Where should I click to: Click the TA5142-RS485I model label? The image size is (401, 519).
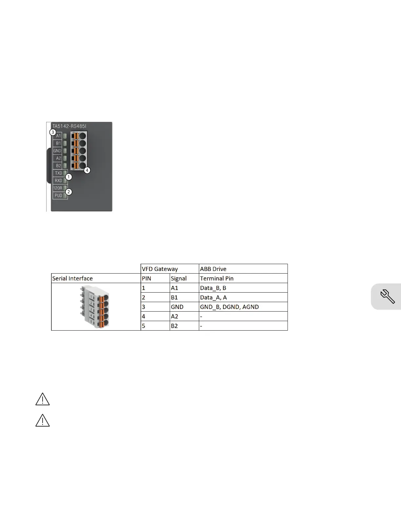click(x=69, y=126)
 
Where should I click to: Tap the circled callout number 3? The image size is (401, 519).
click(x=52, y=132)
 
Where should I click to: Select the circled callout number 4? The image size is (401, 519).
click(x=87, y=170)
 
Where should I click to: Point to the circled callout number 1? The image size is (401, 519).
click(x=69, y=177)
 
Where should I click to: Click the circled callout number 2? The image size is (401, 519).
click(x=68, y=192)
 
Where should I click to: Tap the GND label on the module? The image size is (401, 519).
click(x=57, y=151)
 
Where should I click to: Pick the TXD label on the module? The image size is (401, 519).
click(x=58, y=173)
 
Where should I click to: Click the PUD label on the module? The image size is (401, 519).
click(x=58, y=196)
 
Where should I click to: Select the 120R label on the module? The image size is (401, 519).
click(x=58, y=188)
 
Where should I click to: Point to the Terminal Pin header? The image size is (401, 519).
click(x=217, y=279)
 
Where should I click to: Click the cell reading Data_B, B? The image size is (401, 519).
click(x=213, y=288)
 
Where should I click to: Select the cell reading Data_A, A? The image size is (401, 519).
click(x=214, y=298)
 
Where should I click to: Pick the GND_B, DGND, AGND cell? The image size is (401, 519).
click(x=229, y=307)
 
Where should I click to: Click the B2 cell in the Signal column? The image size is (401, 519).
click(x=175, y=326)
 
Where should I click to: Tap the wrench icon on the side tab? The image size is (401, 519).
click(x=388, y=297)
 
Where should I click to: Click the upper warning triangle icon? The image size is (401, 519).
click(x=43, y=399)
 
